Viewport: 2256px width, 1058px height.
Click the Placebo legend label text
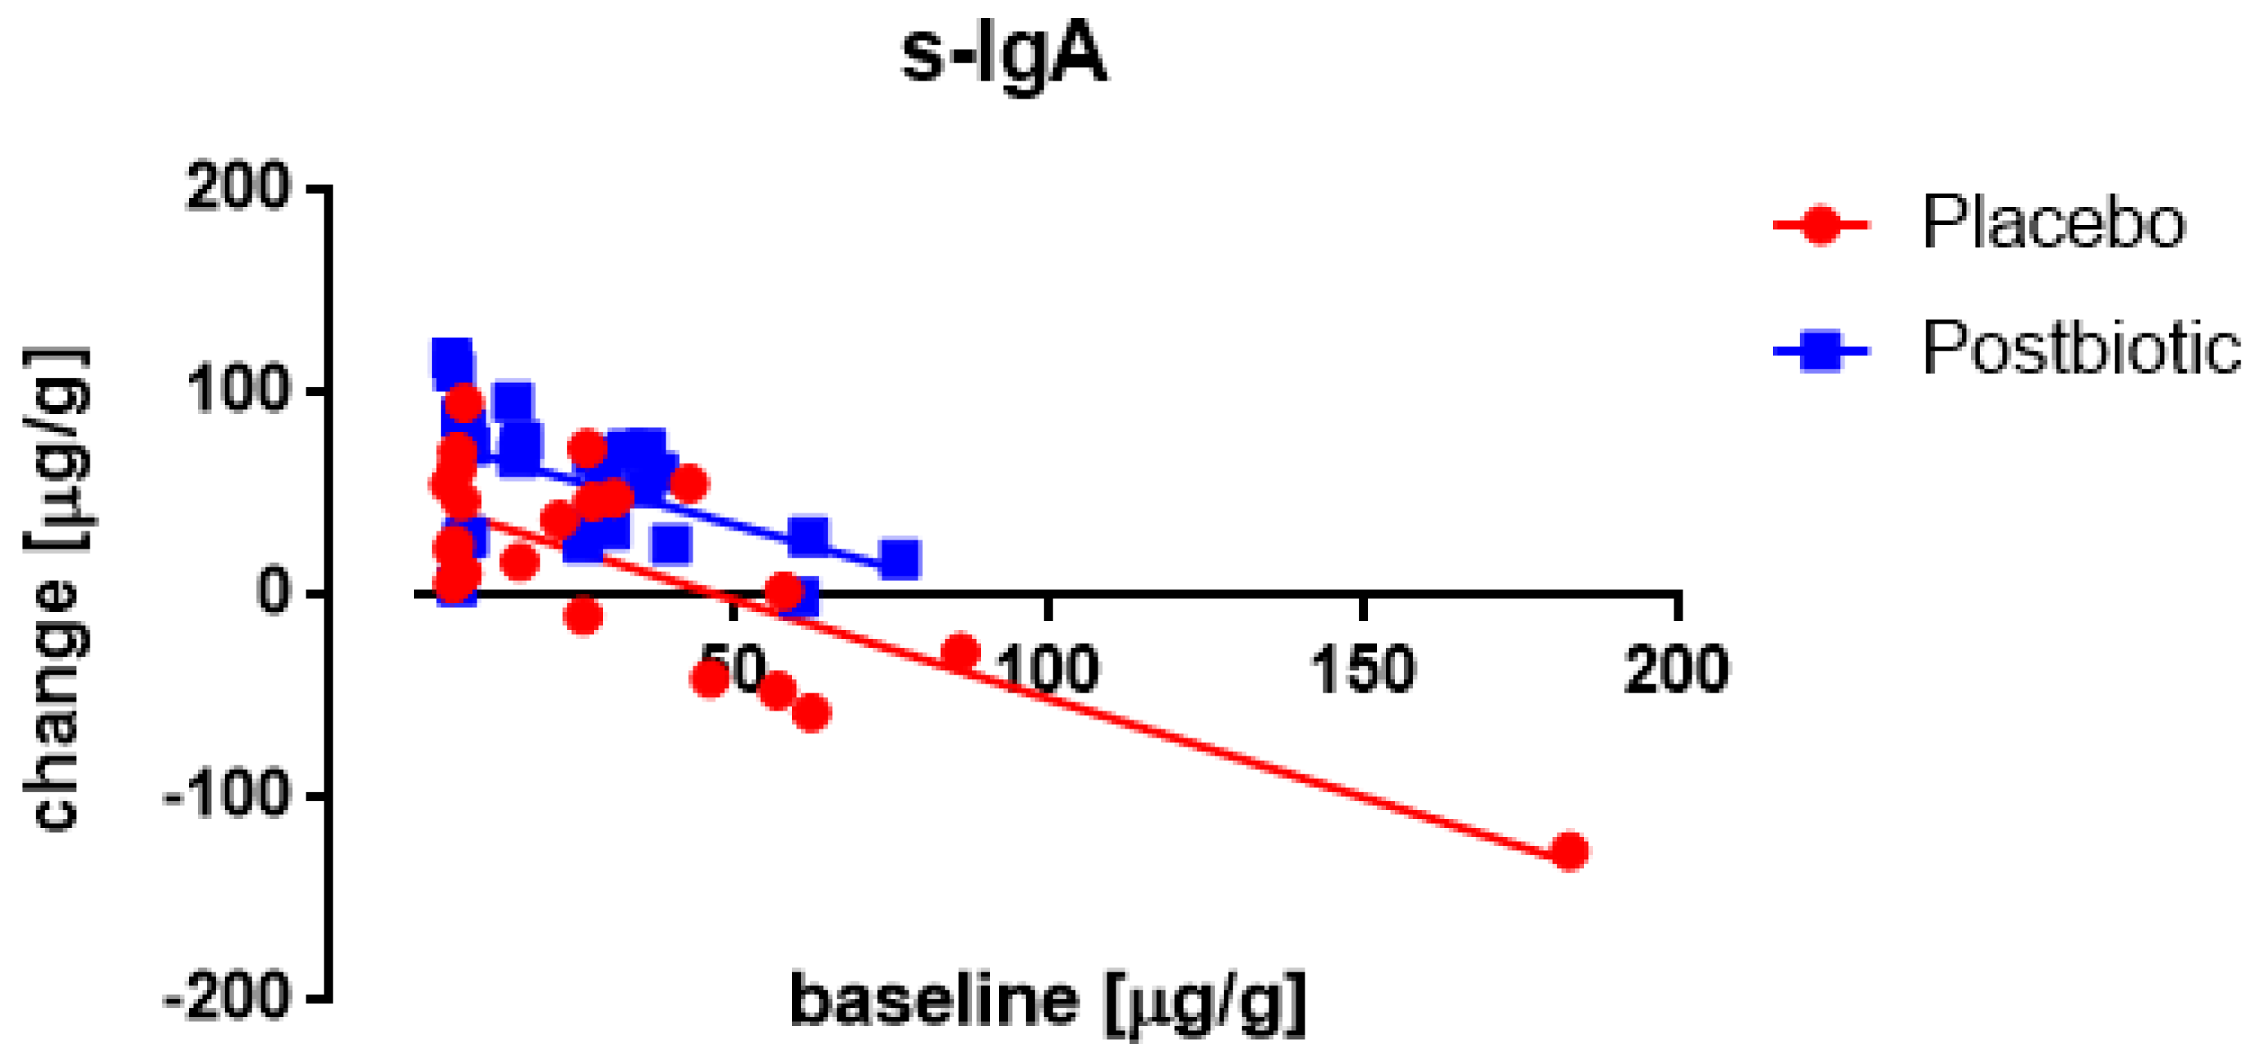[x=2052, y=223]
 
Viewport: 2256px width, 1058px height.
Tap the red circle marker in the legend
[x=1821, y=225]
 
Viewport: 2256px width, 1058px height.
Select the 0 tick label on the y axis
[x=273, y=593]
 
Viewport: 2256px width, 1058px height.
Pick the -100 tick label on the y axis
[x=226, y=795]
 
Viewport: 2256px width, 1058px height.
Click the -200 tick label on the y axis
[x=226, y=997]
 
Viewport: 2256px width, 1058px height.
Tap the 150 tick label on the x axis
[x=1362, y=670]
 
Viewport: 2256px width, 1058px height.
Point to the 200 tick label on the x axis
[x=1676, y=670]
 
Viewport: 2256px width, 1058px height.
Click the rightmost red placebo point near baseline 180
[x=1569, y=850]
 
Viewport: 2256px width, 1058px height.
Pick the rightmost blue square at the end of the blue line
[x=900, y=559]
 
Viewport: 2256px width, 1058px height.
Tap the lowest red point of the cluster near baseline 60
[x=811, y=712]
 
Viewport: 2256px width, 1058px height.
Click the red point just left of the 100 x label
[x=960, y=651]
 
